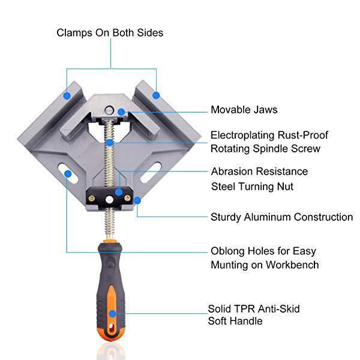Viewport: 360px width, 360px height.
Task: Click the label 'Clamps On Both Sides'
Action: click(110, 32)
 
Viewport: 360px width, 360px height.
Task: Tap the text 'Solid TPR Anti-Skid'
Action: click(254, 308)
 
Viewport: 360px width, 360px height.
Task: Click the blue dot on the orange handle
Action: click(112, 313)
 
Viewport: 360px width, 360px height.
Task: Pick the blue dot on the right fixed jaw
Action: click(155, 94)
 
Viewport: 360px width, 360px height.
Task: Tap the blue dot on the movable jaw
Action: click(121, 112)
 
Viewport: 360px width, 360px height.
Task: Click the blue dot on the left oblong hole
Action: click(68, 174)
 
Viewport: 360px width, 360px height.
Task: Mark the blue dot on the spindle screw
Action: click(110, 143)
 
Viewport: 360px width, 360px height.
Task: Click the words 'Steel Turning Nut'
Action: click(252, 187)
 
